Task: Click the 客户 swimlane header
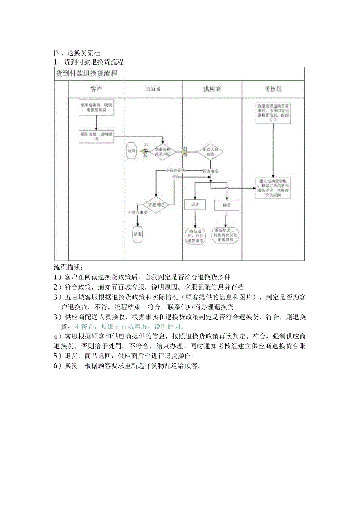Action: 96,89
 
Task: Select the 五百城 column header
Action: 153,89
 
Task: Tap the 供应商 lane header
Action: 212,89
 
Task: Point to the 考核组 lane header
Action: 273,89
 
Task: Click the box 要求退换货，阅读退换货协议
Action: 97,108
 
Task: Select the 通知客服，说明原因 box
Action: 97,137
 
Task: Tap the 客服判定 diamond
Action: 156,204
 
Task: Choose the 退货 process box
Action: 195,204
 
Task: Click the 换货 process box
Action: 227,205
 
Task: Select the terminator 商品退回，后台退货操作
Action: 195,236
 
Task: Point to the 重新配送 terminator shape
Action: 227,235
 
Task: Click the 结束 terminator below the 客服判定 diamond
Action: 137,234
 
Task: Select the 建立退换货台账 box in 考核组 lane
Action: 273,188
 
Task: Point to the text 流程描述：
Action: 68,268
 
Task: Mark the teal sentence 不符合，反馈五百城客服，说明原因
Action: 130,326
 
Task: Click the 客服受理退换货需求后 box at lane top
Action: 273,113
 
